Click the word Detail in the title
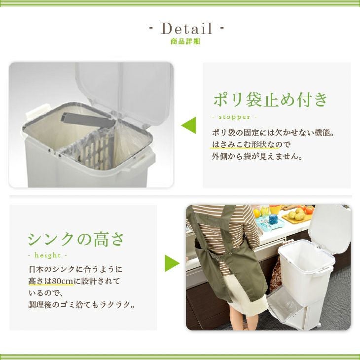(186, 29)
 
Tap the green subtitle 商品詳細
(185, 41)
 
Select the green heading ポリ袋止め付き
(270, 100)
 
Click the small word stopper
(234, 117)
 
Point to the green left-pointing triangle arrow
(189, 125)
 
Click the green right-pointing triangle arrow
(172, 263)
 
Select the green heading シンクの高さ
(76, 239)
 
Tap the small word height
(47, 255)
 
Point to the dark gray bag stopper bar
(88, 120)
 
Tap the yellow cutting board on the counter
(297, 217)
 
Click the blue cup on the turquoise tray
(273, 219)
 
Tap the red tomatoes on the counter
(307, 209)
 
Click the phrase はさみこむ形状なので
(252, 144)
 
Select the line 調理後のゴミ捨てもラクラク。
(82, 305)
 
